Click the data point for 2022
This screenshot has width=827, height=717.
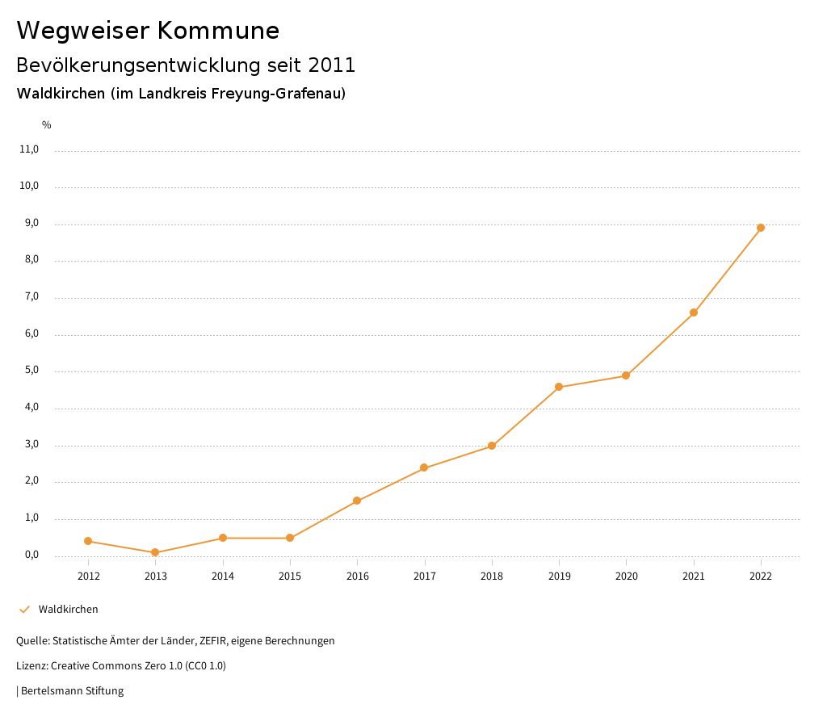pyautogui.click(x=761, y=228)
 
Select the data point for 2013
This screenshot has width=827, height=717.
pyautogui.click(x=155, y=552)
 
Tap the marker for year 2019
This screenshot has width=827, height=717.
pyautogui.click(x=559, y=387)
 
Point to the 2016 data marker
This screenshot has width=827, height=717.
pyautogui.click(x=357, y=501)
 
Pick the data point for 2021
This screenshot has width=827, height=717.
pyautogui.click(x=694, y=312)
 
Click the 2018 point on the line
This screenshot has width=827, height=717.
pyautogui.click(x=492, y=446)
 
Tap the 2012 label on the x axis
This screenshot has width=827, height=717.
pyautogui.click(x=88, y=576)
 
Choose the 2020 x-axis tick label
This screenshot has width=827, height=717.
pyautogui.click(x=626, y=576)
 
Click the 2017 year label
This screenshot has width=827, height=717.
pyautogui.click(x=425, y=576)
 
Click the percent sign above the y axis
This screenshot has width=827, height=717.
pyautogui.click(x=47, y=125)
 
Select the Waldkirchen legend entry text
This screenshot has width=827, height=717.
pyautogui.click(x=68, y=609)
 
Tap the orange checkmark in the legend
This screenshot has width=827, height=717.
pyautogui.click(x=24, y=609)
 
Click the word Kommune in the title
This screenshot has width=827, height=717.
pyautogui.click(x=219, y=31)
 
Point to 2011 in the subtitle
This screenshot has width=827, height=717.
pyautogui.click(x=331, y=65)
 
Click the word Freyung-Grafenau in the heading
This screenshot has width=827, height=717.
pyautogui.click(x=278, y=94)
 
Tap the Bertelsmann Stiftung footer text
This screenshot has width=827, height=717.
pyautogui.click(x=72, y=691)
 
